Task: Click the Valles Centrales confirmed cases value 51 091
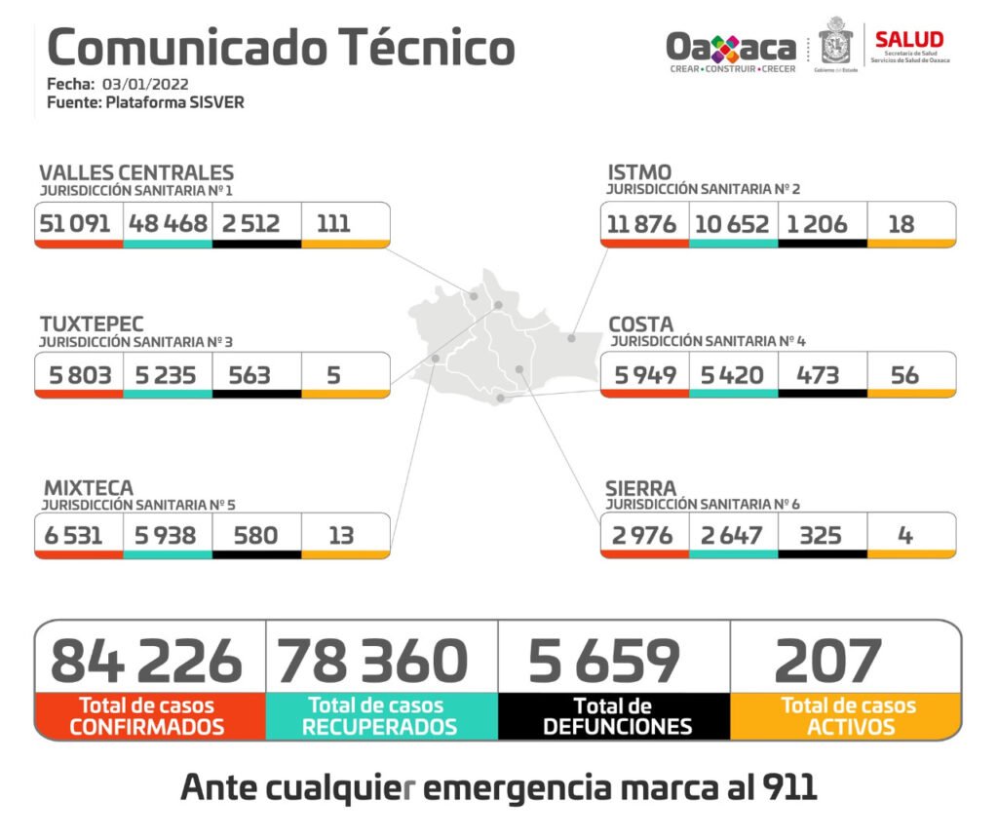coord(76,223)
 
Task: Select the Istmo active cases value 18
coord(902,224)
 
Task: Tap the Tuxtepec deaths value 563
coord(249,374)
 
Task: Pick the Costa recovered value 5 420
coord(732,374)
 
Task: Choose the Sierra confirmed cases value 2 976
coord(643,535)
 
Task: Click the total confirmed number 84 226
coord(146,661)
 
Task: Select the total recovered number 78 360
coord(373,661)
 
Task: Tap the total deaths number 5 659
coord(603,661)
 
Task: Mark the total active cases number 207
coord(827,661)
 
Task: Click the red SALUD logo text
coord(908,40)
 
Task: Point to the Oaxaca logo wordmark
coord(731,47)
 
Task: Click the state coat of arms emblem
coord(836,43)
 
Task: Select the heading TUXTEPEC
coord(92,323)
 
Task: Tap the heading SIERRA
coord(640,486)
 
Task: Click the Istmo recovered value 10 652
coord(732,224)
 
